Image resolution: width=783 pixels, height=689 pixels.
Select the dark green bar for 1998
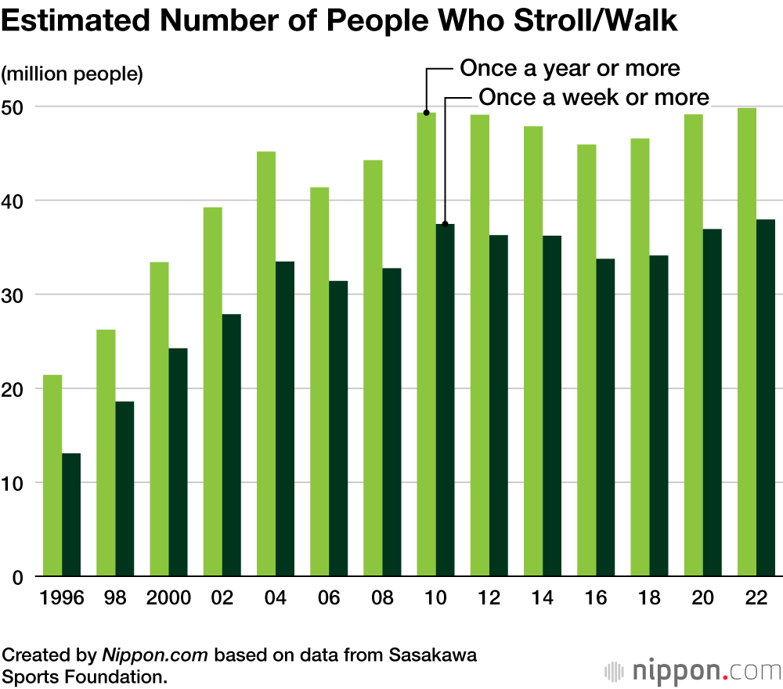click(124, 489)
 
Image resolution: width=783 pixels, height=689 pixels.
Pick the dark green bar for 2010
click(446, 400)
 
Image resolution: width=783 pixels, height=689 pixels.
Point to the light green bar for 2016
click(586, 360)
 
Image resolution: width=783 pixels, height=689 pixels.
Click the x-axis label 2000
click(168, 599)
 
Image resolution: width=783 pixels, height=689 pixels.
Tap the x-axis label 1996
click(62, 599)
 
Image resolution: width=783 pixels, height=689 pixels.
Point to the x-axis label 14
click(543, 599)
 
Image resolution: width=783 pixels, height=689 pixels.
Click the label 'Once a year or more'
click(570, 69)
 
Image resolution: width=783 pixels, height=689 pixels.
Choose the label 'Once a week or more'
click(594, 98)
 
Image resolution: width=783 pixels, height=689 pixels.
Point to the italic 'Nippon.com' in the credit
click(155, 655)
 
